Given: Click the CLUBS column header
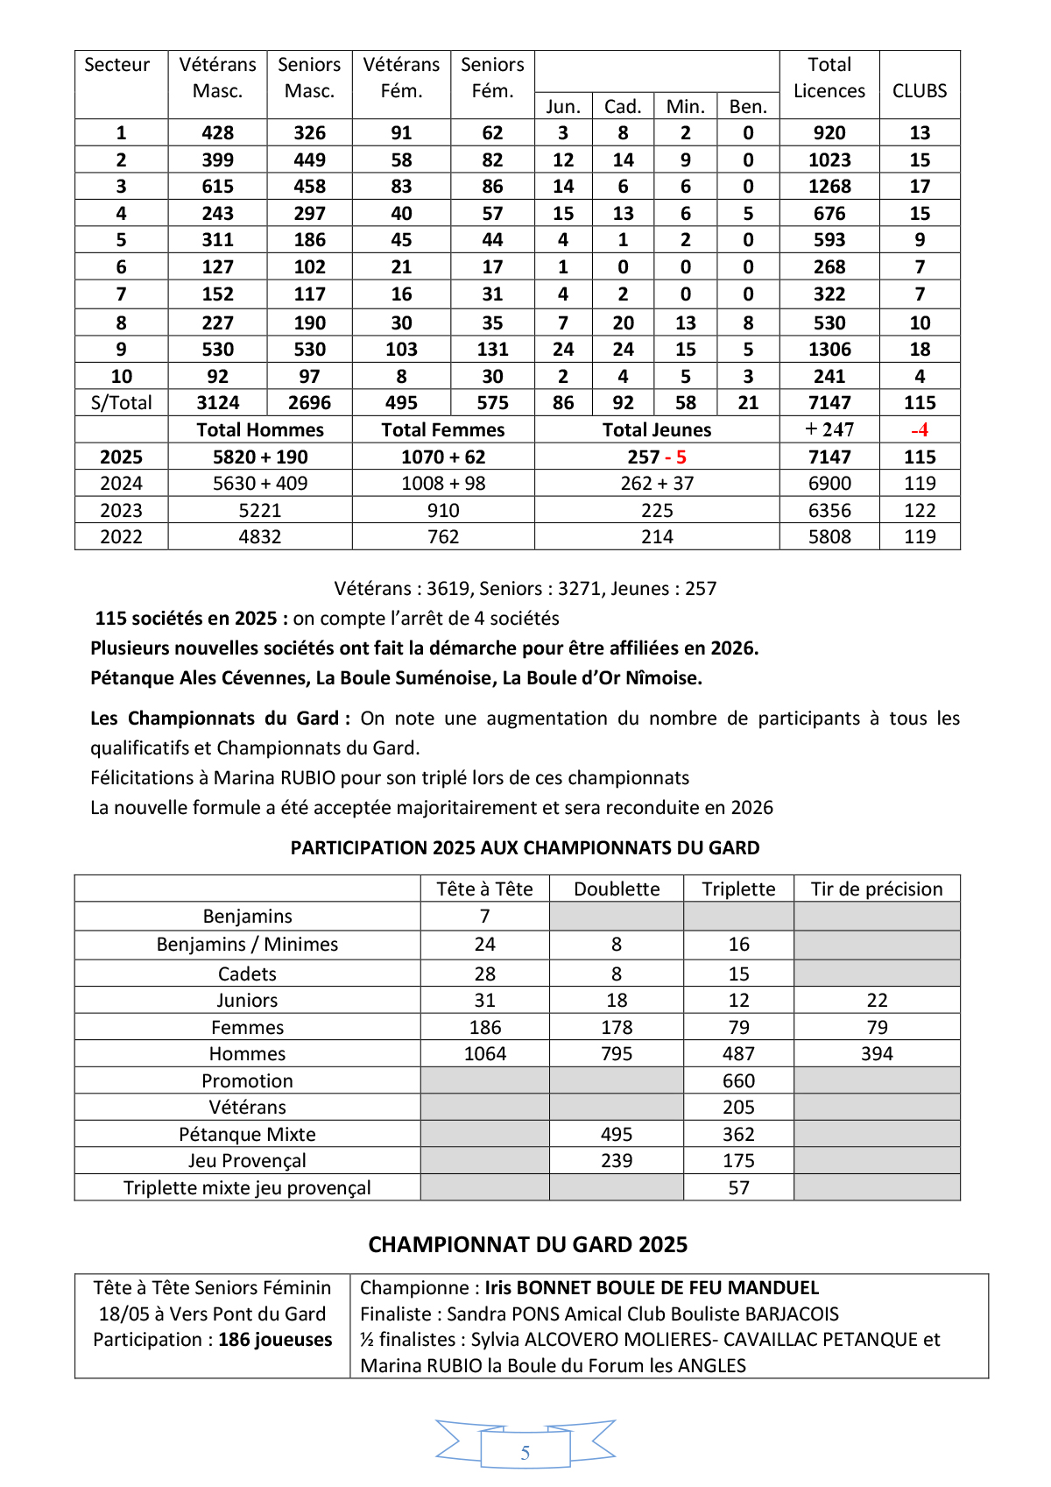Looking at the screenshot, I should tap(920, 91).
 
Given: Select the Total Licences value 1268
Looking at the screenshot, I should tap(829, 187).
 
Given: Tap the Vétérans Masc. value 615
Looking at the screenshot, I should tap(217, 187).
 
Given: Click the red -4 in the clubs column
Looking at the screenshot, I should tap(920, 430).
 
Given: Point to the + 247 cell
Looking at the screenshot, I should tap(829, 430).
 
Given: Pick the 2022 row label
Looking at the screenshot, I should tap(121, 537).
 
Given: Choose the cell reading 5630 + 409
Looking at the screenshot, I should tap(260, 484).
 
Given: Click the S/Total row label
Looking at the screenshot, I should tap(121, 403).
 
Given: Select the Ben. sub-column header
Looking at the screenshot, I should tap(748, 107).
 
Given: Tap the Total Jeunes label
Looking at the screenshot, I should tap(657, 430).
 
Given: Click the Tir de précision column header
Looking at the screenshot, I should tap(877, 889).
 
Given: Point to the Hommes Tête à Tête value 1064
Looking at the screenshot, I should tap(484, 1054).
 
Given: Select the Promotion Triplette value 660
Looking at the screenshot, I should tap(738, 1081).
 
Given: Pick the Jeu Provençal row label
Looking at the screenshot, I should tap(247, 1161).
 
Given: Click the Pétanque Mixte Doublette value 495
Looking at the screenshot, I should tap(617, 1135).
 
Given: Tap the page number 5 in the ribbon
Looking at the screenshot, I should tap(525, 1453).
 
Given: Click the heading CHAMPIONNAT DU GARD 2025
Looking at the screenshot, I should tap(527, 1245).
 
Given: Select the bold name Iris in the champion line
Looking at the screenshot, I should tap(498, 1288).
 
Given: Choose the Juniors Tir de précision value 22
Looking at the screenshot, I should tap(877, 1001).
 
